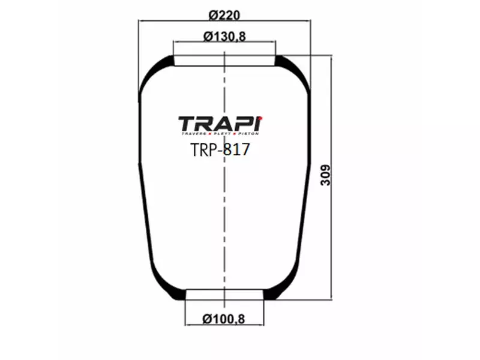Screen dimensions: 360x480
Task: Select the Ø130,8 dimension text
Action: coord(224,37)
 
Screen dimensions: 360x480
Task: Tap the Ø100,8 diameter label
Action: coord(224,318)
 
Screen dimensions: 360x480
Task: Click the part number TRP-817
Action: coord(220,149)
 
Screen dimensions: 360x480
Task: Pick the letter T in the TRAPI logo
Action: coord(188,124)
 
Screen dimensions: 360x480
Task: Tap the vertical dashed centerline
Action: coord(224,228)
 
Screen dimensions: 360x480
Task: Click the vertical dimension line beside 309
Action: coord(331,240)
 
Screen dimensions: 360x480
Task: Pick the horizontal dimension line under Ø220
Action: coord(180,22)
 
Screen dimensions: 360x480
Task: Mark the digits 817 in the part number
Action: coord(237,149)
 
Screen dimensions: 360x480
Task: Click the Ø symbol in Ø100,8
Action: coord(207,318)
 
